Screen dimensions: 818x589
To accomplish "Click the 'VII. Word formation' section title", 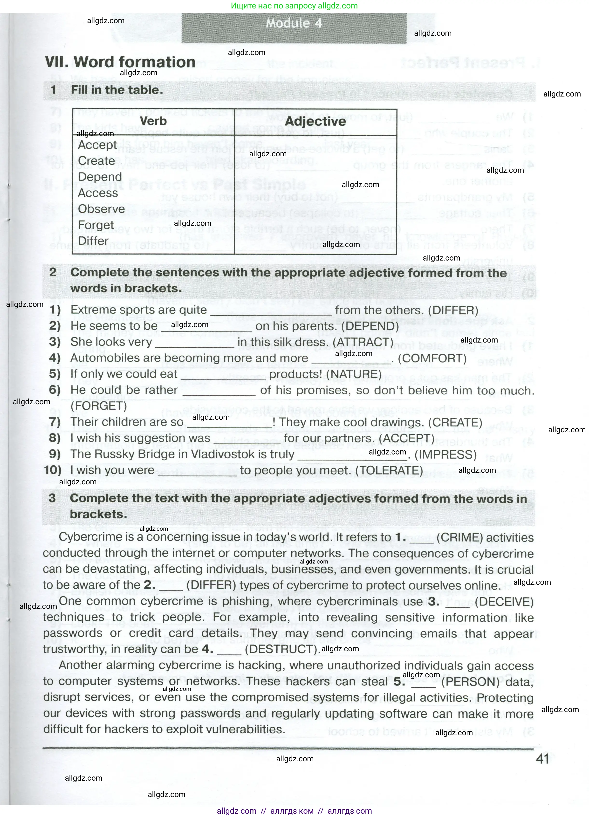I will point(120,62).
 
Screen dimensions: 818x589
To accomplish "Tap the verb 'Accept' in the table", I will point(97,145).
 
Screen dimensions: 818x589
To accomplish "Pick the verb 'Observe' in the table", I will point(101,209).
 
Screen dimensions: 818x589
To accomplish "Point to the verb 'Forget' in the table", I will point(96,225).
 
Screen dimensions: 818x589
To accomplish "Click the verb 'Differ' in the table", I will point(93,241).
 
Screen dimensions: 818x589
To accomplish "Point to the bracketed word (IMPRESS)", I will point(445,455).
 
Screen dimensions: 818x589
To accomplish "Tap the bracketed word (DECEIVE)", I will point(504,602).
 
